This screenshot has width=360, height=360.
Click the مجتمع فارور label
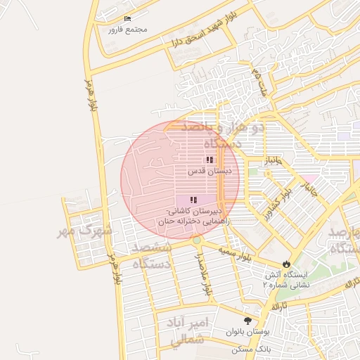(127, 30)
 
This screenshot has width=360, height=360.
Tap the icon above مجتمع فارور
(127, 18)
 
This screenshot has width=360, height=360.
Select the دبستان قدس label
(209, 171)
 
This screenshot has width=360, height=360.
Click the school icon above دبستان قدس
(210, 160)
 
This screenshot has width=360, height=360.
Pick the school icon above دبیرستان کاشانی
(193, 200)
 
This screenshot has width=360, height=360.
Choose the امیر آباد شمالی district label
(190, 330)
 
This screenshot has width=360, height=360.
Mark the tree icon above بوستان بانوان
(247, 320)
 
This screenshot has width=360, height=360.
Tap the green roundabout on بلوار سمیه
(196, 240)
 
